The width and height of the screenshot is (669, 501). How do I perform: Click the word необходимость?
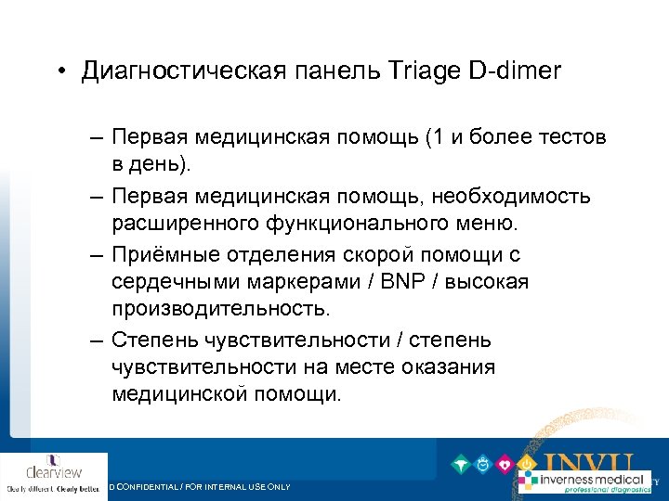[x=523, y=199]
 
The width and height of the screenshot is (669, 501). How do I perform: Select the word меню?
[x=489, y=223]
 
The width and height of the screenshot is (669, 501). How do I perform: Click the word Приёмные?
[x=159, y=256]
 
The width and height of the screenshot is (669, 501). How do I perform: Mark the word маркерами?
[x=301, y=281]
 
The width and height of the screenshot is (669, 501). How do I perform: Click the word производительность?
[x=219, y=306]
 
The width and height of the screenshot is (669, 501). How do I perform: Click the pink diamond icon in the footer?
[x=505, y=464]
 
